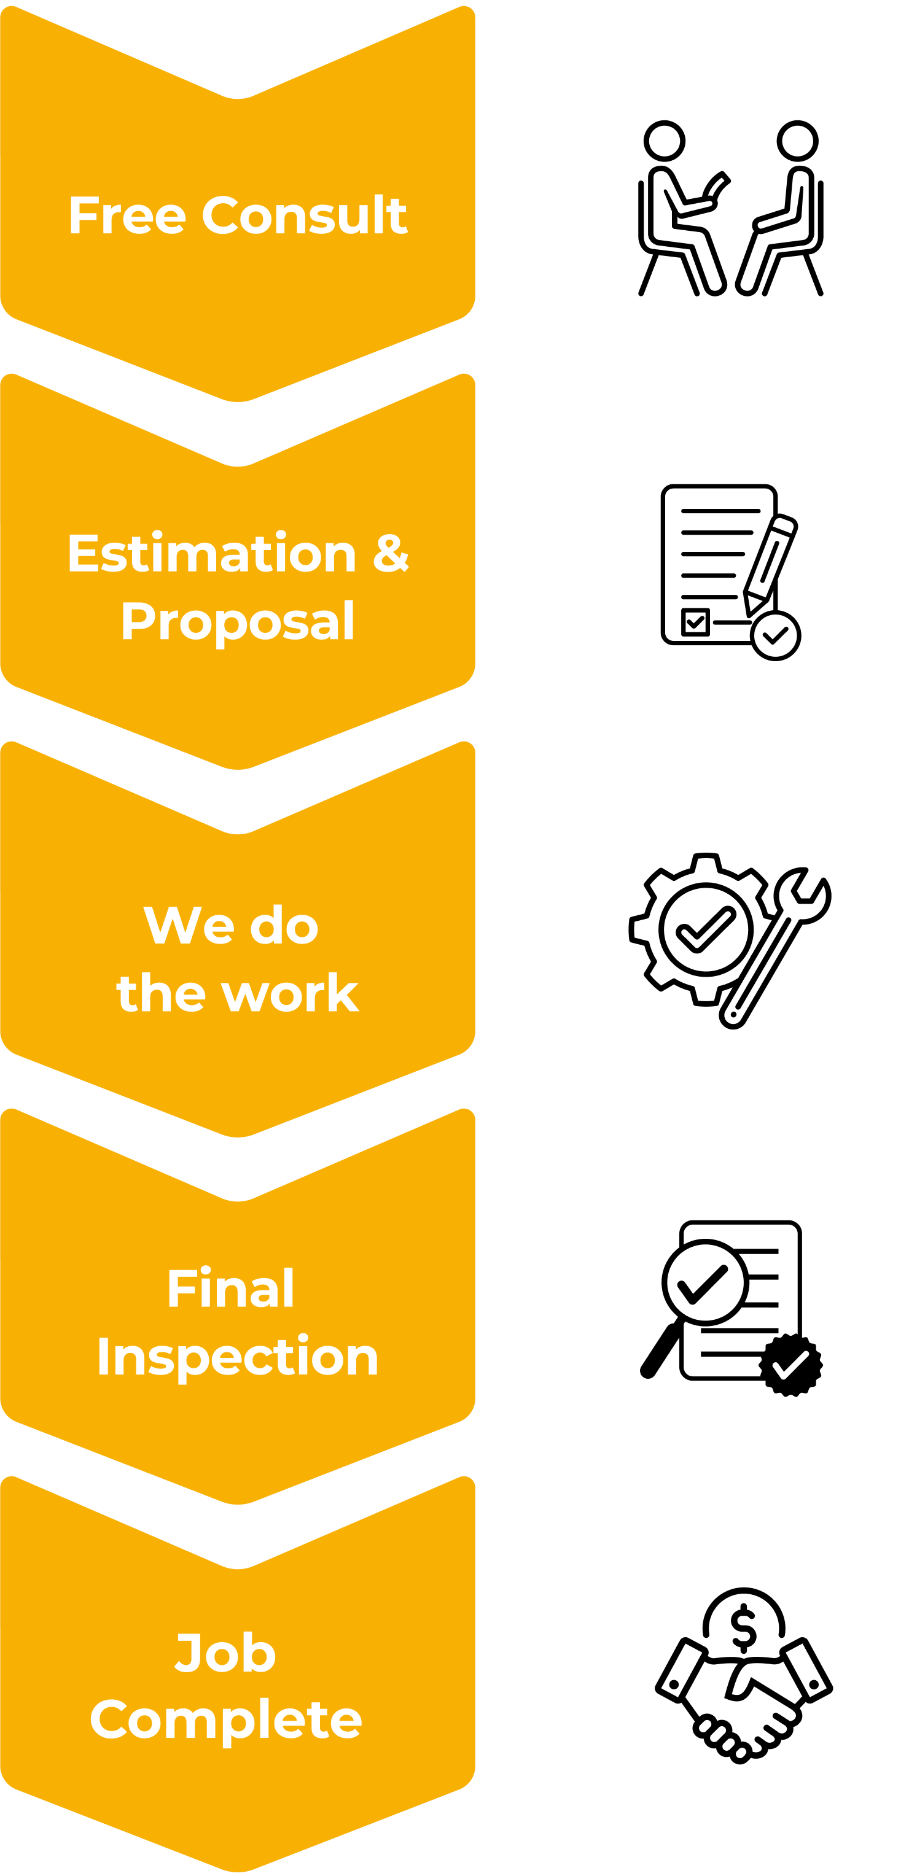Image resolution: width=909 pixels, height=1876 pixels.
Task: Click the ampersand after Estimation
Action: [x=391, y=552]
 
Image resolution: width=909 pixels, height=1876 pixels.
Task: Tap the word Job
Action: [x=227, y=1652]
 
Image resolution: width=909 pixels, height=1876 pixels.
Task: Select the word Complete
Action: [x=226, y=1720]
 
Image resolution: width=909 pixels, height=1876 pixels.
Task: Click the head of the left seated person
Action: [x=665, y=141]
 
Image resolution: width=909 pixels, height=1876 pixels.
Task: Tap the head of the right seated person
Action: [x=798, y=141]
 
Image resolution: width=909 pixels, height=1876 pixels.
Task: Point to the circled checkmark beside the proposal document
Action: [x=776, y=636]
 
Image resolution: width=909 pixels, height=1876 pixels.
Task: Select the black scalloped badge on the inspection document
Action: [x=791, y=1365]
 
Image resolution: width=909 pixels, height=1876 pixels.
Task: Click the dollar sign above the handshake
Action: [x=744, y=1626]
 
